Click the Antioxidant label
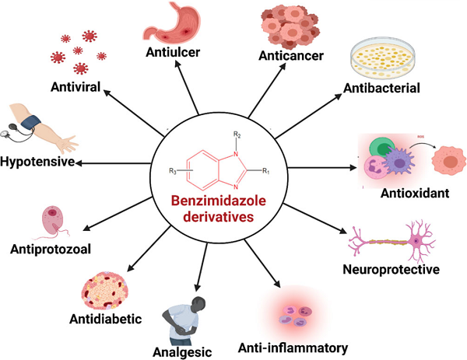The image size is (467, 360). click(415, 192)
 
